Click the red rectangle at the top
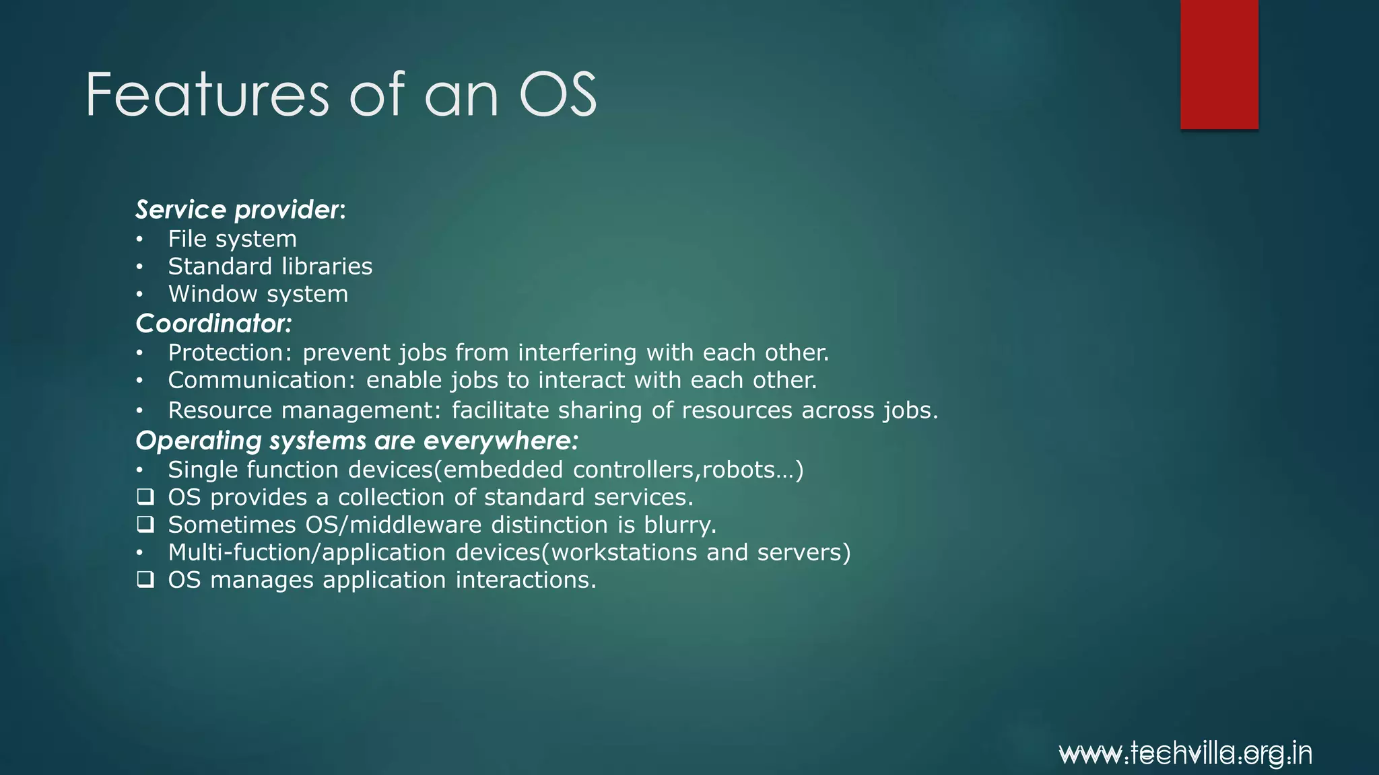[x=1219, y=64]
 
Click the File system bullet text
[x=232, y=239]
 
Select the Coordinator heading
[x=213, y=324]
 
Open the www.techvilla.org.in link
[x=1185, y=753]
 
